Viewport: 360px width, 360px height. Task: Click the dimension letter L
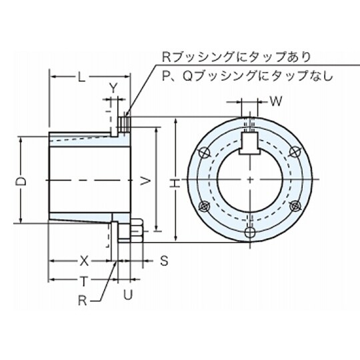pos(81,77)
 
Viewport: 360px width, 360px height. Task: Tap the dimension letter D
pos(21,181)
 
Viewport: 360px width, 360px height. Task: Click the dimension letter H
pos(174,181)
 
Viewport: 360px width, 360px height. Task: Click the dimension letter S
pos(164,259)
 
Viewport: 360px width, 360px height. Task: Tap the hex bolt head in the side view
pos(136,232)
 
